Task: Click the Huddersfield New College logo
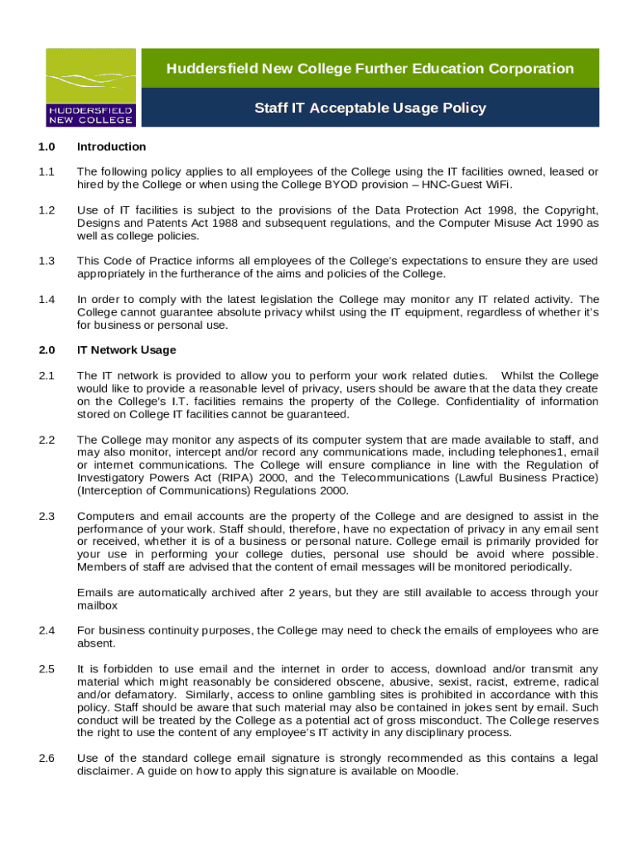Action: [90, 87]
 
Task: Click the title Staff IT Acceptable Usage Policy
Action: [370, 108]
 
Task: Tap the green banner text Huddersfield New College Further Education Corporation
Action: [370, 69]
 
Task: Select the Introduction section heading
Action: [111, 147]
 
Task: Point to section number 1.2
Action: [46, 210]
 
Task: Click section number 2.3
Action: [46, 517]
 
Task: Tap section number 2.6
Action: [46, 759]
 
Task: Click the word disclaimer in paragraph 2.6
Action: [104, 771]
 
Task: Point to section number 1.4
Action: [46, 299]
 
